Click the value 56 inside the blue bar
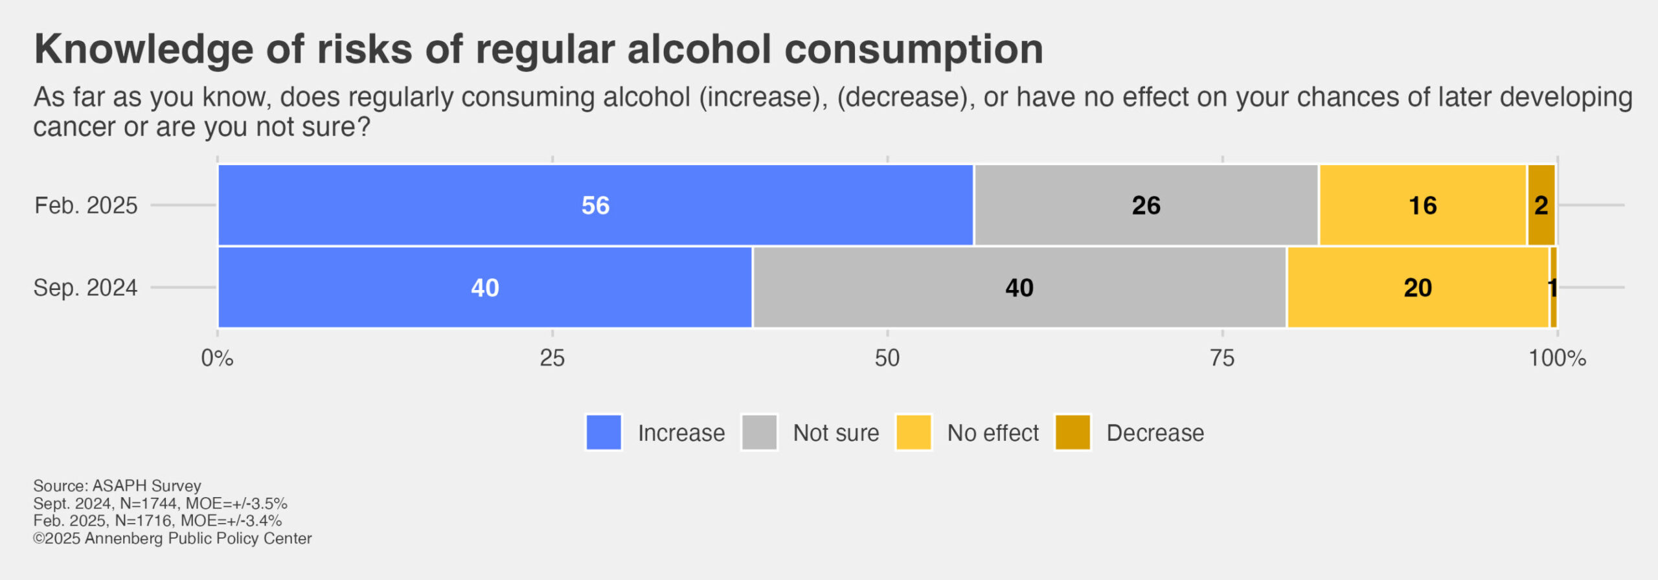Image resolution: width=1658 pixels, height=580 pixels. [x=595, y=206]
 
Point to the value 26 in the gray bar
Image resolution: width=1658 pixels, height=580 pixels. [x=1146, y=206]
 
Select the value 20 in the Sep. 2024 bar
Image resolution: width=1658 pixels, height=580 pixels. [x=1417, y=288]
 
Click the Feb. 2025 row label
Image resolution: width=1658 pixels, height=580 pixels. [x=86, y=206]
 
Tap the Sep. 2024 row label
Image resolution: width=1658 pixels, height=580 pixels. [x=85, y=288]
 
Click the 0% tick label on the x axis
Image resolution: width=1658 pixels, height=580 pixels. [x=217, y=358]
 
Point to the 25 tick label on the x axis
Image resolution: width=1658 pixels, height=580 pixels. [x=552, y=358]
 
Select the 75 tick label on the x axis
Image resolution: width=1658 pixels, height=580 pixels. [x=1222, y=358]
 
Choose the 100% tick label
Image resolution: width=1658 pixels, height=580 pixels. [x=1557, y=358]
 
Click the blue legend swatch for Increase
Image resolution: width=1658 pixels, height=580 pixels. [x=604, y=432]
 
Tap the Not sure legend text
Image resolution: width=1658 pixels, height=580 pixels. [x=836, y=433]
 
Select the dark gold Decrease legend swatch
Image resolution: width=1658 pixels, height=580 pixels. [x=1073, y=432]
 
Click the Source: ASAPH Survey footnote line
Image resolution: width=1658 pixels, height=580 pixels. [x=117, y=485]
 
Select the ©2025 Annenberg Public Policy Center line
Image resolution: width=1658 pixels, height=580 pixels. [x=172, y=539]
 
